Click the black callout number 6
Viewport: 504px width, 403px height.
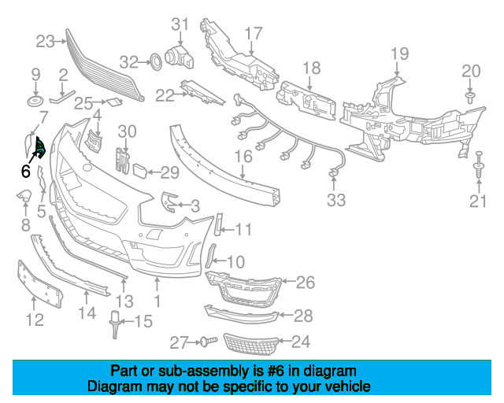(x=25, y=171)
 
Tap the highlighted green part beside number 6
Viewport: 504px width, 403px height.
(x=40, y=147)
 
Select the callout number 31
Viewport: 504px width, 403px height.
(x=180, y=24)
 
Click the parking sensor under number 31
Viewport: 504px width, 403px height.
(x=180, y=57)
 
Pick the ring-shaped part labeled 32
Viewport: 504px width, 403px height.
(x=156, y=61)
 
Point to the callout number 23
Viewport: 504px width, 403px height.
(x=45, y=42)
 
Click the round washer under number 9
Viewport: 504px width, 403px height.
(x=35, y=102)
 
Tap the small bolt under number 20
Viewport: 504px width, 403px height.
(x=470, y=97)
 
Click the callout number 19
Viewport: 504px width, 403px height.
(x=399, y=54)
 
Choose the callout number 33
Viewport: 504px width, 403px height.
(x=336, y=200)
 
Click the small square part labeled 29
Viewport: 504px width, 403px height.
(x=140, y=171)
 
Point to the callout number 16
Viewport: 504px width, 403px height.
(x=243, y=157)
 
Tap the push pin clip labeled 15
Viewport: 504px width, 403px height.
(x=115, y=324)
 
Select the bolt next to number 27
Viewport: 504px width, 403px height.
(x=209, y=341)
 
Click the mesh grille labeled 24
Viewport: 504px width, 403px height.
(x=250, y=344)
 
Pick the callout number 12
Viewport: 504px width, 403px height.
(x=35, y=320)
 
